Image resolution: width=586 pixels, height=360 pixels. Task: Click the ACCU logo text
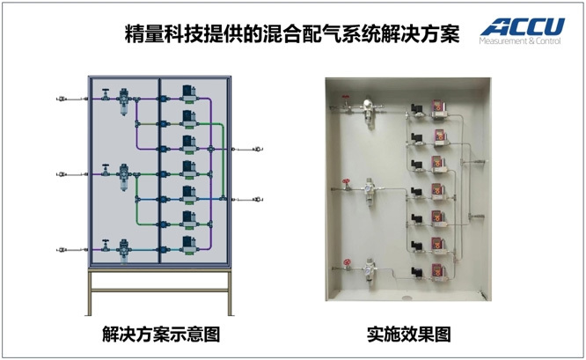[x=523, y=26]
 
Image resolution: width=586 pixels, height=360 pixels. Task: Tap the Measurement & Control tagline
[x=520, y=40]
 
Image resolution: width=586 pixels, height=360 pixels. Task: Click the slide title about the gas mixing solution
[x=292, y=34]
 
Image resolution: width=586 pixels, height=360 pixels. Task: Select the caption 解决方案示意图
[x=161, y=334]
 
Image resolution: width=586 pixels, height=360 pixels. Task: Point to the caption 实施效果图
[x=408, y=334]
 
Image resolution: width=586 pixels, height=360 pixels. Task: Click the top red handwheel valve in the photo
[x=346, y=102]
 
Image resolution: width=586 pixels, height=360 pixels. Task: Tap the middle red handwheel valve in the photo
[x=347, y=184]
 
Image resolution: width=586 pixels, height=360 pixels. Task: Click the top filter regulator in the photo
[x=369, y=111]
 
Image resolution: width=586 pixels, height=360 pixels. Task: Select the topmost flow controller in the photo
[x=437, y=109]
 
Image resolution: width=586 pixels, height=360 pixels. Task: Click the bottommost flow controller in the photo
[x=437, y=273]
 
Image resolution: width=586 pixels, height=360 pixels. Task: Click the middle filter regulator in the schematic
[x=124, y=177]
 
